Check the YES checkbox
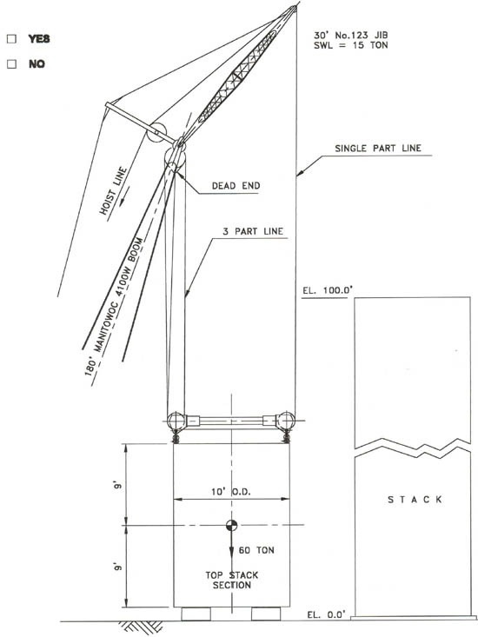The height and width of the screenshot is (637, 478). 12,39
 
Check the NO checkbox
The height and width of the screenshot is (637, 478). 12,63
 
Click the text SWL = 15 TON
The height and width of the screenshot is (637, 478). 351,45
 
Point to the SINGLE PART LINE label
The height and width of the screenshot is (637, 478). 378,149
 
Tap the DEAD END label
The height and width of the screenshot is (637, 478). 236,186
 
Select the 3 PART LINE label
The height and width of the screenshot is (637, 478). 253,231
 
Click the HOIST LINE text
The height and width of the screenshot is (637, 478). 113,190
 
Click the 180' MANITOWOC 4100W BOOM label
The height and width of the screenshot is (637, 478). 114,306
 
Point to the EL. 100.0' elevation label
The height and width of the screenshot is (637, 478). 328,290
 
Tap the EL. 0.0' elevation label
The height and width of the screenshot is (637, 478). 326,614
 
